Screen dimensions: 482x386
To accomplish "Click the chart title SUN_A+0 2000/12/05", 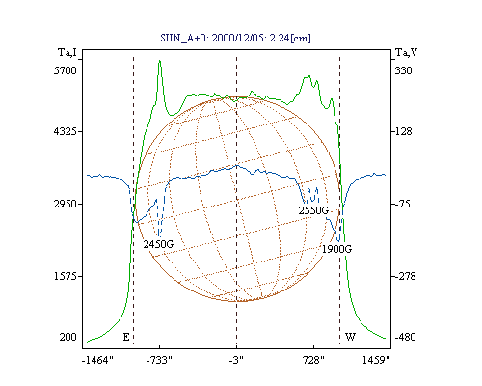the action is point(235,39).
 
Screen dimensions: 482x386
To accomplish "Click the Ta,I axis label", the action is point(67,52).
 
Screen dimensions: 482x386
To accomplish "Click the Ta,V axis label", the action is point(407,52).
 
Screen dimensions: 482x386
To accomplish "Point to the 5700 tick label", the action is point(66,70).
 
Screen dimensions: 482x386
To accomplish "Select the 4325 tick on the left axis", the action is point(66,131).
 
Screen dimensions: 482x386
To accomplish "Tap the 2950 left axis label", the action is point(66,204).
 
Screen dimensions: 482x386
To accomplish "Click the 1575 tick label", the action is point(66,276).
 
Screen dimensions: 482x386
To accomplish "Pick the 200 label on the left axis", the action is point(67,337).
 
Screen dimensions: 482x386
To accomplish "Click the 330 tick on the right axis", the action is point(403,70).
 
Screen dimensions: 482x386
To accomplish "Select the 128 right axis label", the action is point(403,131).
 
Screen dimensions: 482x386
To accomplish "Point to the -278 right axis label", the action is point(405,276).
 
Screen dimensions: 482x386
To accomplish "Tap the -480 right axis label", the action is point(405,337).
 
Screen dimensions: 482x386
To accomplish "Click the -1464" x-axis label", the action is point(97,360).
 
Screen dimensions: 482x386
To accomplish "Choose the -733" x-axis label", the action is point(159,360).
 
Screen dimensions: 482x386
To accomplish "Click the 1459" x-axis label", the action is point(376,360).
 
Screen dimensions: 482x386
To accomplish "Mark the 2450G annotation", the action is point(158,244).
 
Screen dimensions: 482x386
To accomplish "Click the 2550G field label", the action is point(313,210).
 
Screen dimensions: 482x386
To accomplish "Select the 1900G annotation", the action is point(337,249).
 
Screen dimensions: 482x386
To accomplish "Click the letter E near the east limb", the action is point(126,337).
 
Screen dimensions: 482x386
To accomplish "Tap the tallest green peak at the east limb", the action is point(159,61).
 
